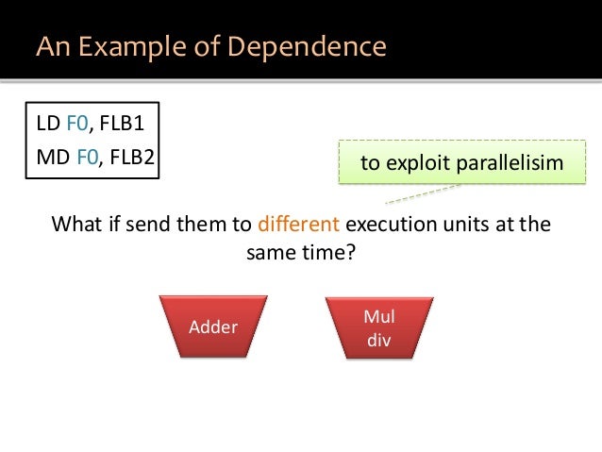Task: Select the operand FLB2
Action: click(130, 157)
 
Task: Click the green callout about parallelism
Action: click(461, 164)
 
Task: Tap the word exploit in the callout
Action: click(418, 164)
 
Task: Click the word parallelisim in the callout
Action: click(510, 164)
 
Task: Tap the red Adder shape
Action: click(213, 327)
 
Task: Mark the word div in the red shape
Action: click(378, 339)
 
